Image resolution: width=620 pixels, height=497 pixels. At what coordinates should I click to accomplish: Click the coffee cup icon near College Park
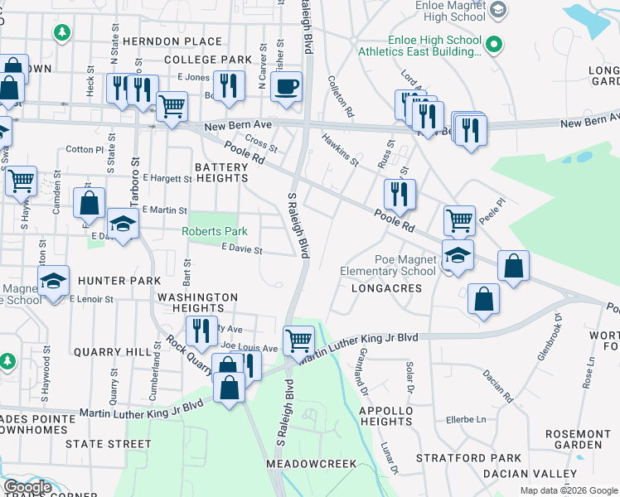point(286,86)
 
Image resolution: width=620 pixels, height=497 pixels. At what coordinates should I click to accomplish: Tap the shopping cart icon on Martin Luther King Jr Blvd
point(298,339)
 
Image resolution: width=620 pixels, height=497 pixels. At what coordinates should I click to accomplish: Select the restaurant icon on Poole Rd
point(400,194)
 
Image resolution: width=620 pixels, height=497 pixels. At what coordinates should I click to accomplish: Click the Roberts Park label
point(215,231)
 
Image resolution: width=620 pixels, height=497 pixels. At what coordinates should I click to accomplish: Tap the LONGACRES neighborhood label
point(386,288)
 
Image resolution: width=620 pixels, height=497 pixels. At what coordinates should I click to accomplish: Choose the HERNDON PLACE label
point(172,41)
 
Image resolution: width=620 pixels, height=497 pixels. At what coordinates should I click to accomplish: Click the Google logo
point(27,487)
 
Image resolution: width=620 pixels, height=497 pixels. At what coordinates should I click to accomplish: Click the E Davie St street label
point(241,249)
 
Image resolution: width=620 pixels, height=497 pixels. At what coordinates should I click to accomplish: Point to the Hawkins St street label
point(340,150)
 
